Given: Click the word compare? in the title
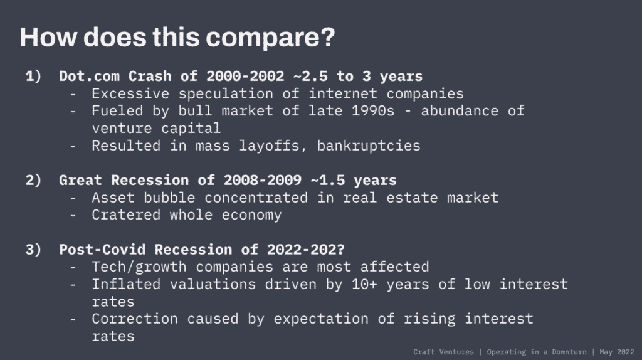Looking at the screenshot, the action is [270, 38].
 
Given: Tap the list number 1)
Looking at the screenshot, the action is [34, 76].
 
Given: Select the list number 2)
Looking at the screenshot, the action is [34, 180].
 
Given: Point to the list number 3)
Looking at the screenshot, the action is [34, 250].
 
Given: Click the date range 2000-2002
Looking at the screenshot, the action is [245, 76].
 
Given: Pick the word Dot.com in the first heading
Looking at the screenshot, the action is [89, 76].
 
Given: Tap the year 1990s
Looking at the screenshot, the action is [373, 111].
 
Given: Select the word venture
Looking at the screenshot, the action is [122, 129].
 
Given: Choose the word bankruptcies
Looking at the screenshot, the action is [369, 146].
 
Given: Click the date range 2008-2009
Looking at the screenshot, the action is [263, 180].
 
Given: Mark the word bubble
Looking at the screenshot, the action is [169, 198].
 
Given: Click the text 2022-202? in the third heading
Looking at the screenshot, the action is [306, 250].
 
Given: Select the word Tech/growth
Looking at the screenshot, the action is [139, 267].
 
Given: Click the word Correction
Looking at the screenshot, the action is [135, 319].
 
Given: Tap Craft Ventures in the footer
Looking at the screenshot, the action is [443, 352].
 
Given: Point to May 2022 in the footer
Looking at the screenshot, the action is [617, 352].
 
